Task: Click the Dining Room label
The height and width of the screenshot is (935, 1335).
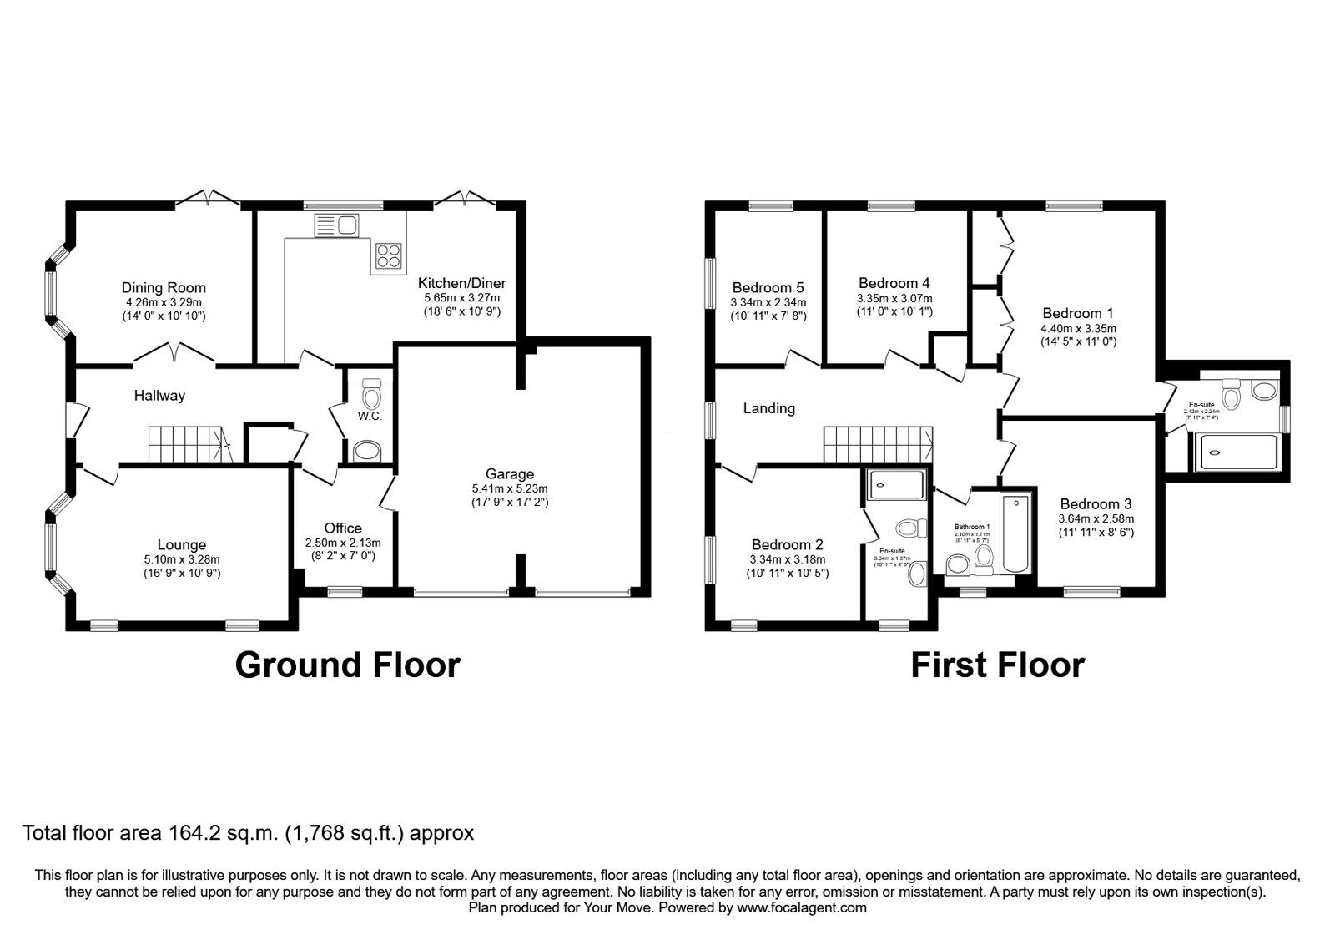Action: click(x=164, y=288)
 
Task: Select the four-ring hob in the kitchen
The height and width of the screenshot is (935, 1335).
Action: click(x=388, y=254)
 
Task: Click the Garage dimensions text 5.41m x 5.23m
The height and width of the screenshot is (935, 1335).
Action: click(x=509, y=488)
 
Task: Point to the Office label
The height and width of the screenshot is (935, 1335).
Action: click(x=343, y=528)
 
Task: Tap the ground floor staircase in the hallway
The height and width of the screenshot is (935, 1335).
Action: click(x=188, y=443)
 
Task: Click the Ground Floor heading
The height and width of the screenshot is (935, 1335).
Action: click(x=347, y=665)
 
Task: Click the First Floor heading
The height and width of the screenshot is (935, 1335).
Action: click(x=997, y=665)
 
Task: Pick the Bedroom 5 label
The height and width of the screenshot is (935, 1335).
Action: click(x=768, y=288)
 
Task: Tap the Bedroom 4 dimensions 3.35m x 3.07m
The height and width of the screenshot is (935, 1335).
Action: click(x=894, y=298)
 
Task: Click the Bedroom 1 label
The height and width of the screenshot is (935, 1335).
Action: click(x=1078, y=313)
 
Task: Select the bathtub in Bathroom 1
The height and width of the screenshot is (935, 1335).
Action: click(x=1016, y=533)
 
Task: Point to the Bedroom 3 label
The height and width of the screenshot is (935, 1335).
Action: click(x=1096, y=503)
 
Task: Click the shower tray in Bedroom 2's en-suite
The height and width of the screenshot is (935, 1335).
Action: click(x=896, y=484)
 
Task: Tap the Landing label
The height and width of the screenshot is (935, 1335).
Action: click(x=768, y=408)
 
